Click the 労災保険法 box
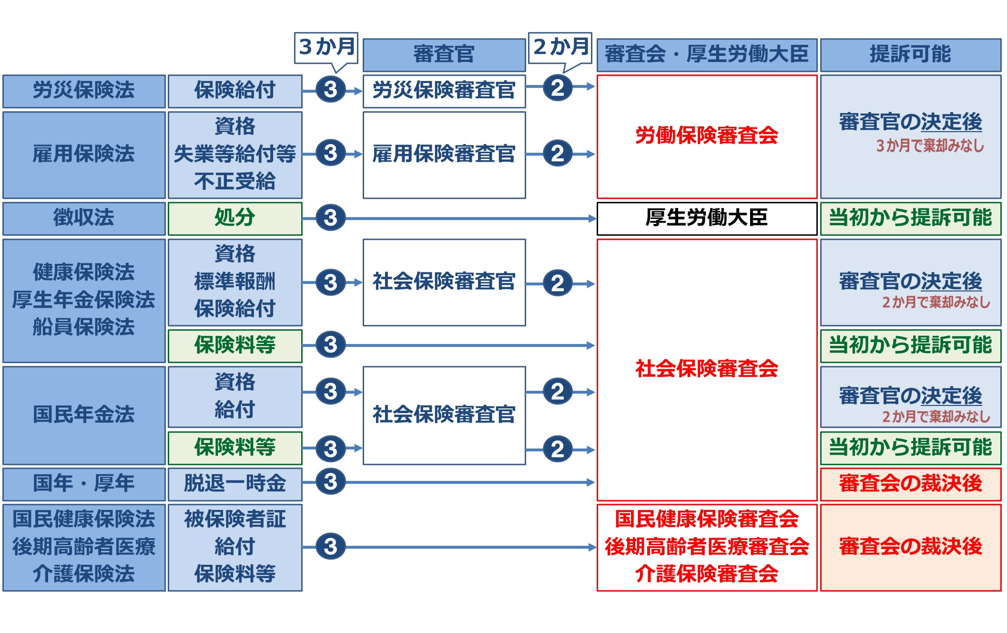(84, 91)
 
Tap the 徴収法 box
(84, 218)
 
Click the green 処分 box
(235, 218)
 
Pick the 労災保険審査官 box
(444, 91)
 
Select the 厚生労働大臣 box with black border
(706, 218)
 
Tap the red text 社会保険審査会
(706, 369)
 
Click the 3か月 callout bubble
(326, 47)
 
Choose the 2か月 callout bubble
(560, 47)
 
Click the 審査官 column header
(444, 54)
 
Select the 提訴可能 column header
(910, 54)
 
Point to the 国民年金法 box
(84, 415)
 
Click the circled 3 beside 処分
(330, 218)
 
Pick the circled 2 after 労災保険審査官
(557, 88)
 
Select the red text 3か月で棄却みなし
(930, 145)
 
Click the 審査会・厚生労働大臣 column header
(706, 54)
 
